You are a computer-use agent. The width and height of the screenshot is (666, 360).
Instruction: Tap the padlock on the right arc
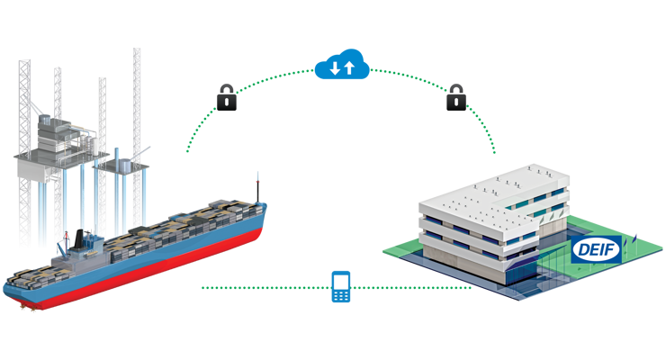[456, 96]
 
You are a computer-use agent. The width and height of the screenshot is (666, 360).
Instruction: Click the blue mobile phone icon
[340, 286]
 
